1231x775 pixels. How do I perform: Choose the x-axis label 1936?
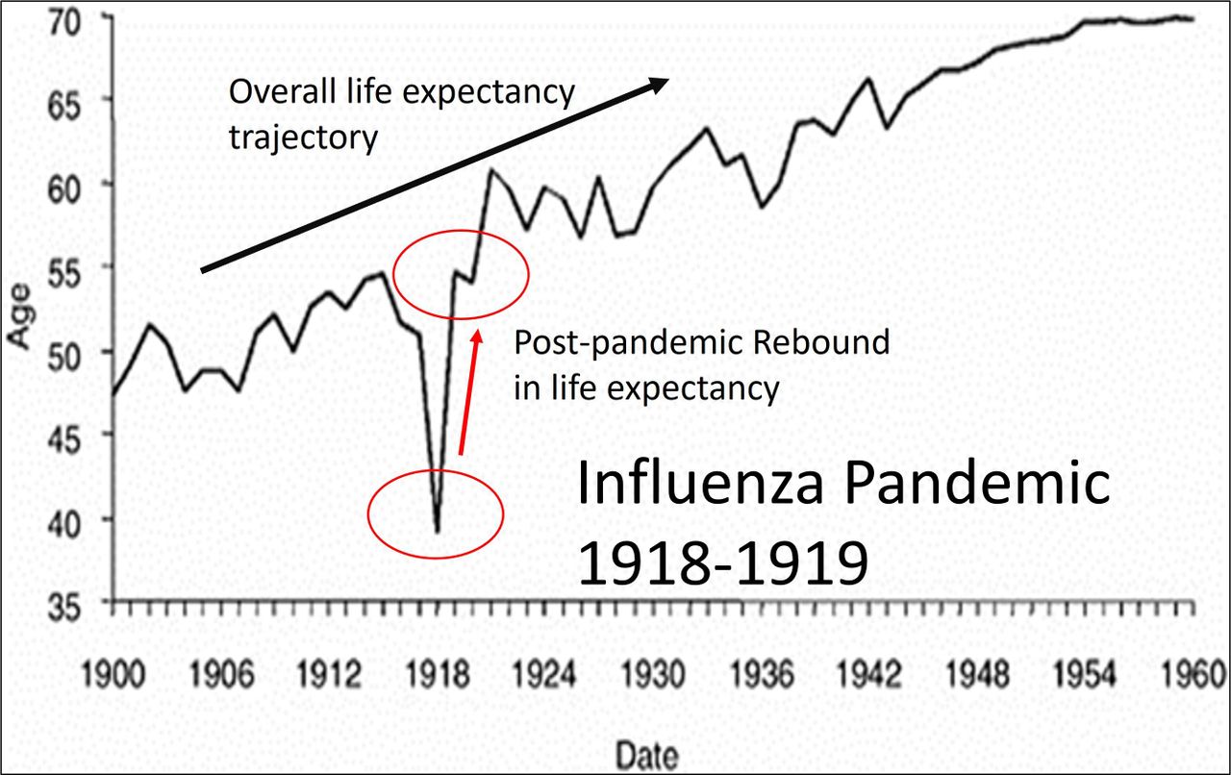[760, 675]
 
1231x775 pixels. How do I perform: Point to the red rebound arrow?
[468, 391]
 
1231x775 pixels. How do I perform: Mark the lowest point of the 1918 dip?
[438, 531]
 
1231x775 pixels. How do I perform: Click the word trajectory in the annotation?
[303, 137]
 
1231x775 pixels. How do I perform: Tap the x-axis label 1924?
[544, 675]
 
